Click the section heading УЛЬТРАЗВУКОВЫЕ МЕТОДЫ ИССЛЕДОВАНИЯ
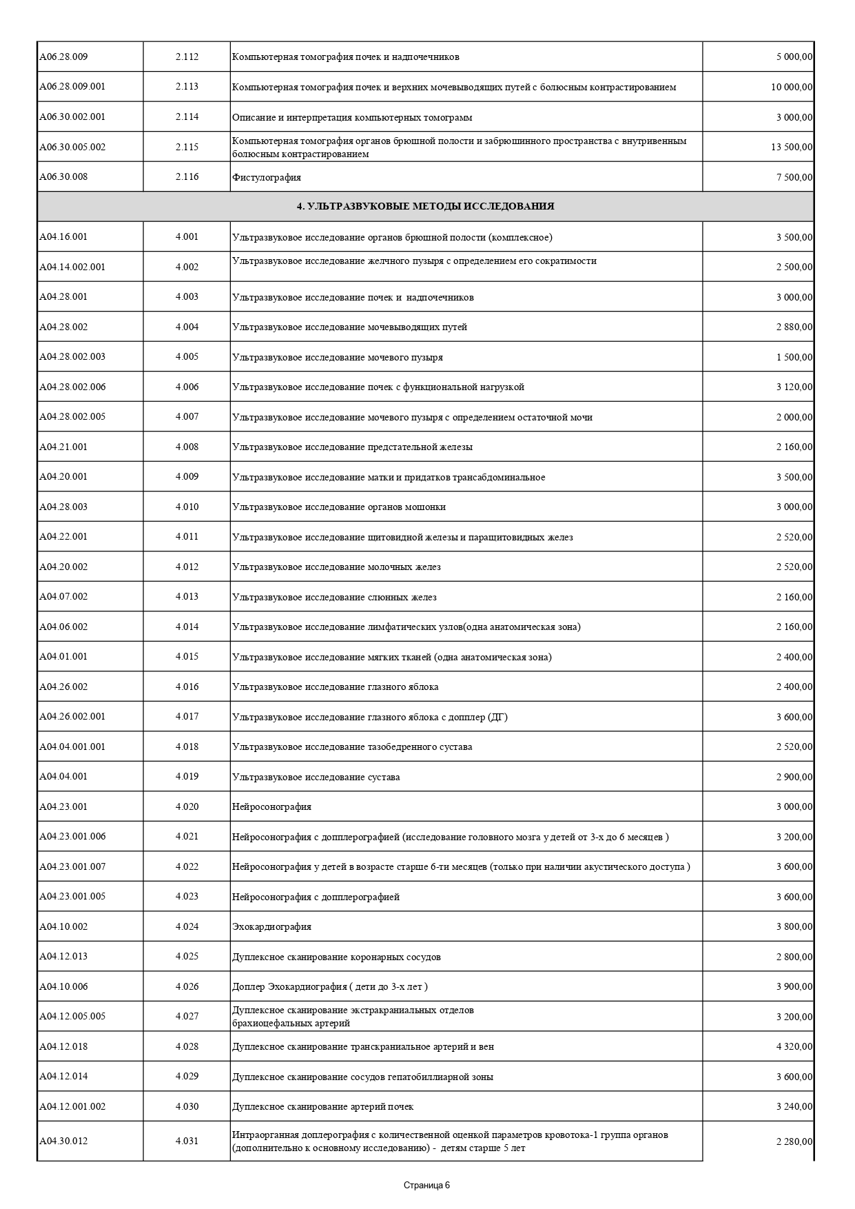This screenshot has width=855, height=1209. (x=425, y=206)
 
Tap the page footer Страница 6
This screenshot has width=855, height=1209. (x=426, y=1186)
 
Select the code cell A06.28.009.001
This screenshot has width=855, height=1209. (x=72, y=87)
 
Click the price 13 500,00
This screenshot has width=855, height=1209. (x=792, y=148)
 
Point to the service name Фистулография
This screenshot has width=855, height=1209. (x=267, y=177)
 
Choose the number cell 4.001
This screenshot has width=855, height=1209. (x=187, y=237)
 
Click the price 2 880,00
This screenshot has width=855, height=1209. (x=794, y=327)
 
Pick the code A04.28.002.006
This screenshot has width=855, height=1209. (x=72, y=387)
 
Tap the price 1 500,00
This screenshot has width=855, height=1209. (x=794, y=357)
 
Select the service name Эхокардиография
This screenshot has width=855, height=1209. (x=272, y=927)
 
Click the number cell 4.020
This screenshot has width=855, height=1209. (x=187, y=806)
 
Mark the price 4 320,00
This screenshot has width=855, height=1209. (x=794, y=1047)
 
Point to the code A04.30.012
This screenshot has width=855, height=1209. (x=63, y=1141)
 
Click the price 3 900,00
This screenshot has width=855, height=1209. (x=794, y=987)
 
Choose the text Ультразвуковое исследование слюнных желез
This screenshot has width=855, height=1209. (x=334, y=597)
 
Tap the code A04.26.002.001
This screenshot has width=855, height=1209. (x=72, y=716)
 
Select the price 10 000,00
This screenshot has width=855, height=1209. (x=792, y=88)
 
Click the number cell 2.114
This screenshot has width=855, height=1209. (x=187, y=117)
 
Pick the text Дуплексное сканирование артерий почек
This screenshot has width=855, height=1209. (x=323, y=1107)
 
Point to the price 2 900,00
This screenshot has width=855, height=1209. (x=794, y=777)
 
